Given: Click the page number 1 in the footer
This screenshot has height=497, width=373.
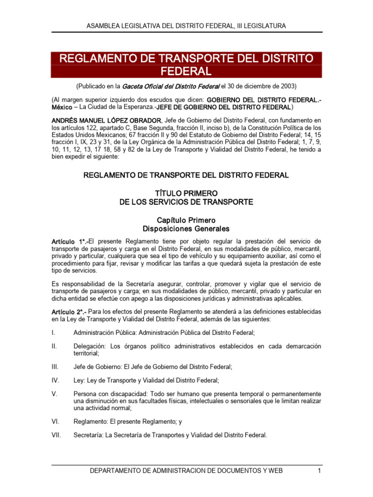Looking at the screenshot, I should coord(319,471).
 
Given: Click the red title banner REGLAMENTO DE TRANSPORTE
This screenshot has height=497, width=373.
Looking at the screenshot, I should coord(186,65).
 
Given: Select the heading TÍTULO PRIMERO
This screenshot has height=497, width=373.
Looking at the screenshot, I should coord(186,193).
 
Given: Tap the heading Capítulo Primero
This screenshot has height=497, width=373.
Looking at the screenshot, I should coord(186,220).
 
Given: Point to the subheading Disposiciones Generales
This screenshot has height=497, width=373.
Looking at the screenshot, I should coord(186,229).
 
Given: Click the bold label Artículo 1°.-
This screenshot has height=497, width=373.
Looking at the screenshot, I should coord(69,241).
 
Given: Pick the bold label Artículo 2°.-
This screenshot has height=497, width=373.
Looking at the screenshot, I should coord(69,312).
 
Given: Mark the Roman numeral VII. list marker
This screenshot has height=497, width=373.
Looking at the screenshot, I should coord(56,435).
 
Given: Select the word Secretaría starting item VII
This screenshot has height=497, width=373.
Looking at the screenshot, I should coord(87,435).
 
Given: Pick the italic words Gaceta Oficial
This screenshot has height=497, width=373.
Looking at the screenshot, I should coord(142,86).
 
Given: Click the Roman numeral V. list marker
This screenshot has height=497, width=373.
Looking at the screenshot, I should coord(54,394).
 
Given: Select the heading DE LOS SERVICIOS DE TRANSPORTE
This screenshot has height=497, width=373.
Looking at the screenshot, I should coord(186,202).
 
